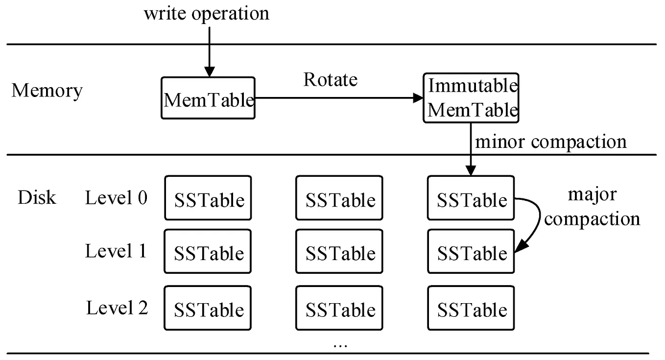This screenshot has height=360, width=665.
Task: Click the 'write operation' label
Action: click(206, 13)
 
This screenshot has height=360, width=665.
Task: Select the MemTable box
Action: click(208, 98)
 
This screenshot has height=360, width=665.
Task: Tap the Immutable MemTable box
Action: click(471, 98)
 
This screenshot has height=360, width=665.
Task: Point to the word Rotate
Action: click(331, 79)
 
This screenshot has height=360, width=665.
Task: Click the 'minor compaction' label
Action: click(551, 142)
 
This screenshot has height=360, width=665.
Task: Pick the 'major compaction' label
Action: click(592, 206)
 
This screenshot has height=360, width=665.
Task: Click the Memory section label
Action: click(47, 91)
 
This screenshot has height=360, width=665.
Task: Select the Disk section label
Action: click(37, 197)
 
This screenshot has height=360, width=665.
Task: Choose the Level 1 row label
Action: click(116, 251)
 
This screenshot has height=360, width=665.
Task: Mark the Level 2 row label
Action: click(117, 308)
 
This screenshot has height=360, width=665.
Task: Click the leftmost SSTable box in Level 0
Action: click(208, 198)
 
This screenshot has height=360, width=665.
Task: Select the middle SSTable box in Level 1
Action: click(340, 251)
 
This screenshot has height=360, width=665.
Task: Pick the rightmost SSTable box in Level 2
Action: click(471, 308)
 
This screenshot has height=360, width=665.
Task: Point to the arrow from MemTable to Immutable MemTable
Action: click(338, 98)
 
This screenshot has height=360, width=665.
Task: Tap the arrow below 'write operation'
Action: click(210, 51)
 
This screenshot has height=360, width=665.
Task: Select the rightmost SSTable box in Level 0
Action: click(471, 198)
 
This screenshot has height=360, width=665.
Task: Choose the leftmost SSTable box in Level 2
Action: click(208, 308)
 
